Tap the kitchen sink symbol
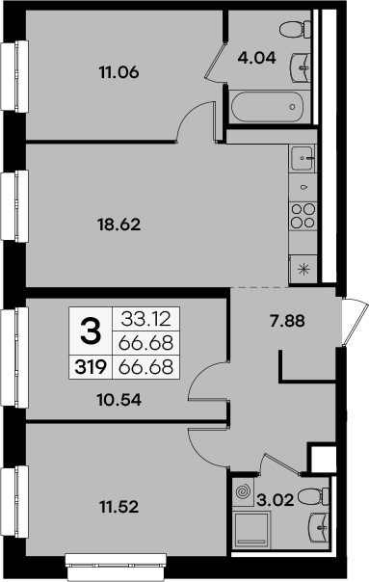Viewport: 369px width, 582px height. [303, 154]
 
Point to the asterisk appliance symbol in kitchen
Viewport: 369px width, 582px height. [303, 269]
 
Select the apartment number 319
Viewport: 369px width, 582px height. [89, 366]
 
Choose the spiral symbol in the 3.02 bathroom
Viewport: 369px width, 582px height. [243, 493]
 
